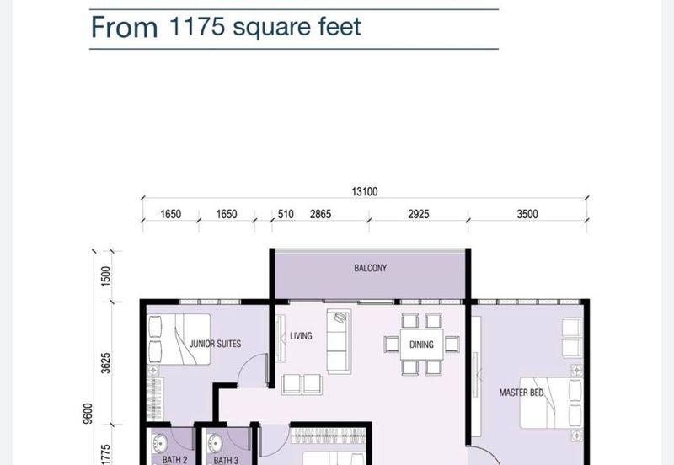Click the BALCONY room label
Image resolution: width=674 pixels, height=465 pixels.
pyautogui.click(x=370, y=268)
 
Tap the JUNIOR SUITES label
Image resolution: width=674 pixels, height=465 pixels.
pyautogui.click(x=215, y=344)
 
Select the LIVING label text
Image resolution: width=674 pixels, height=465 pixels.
pyautogui.click(x=301, y=335)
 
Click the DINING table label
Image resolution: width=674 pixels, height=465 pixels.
pyautogui.click(x=421, y=345)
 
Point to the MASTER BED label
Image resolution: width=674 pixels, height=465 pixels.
pyautogui.click(x=522, y=393)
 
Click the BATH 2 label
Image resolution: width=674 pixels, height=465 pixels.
pyautogui.click(x=174, y=460)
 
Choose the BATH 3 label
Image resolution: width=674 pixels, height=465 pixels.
pyautogui.click(x=226, y=460)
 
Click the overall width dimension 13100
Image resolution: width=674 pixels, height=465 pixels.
pyautogui.click(x=365, y=192)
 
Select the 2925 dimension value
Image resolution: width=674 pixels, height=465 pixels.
pyautogui.click(x=418, y=214)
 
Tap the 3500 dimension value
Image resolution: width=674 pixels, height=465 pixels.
pyautogui.click(x=527, y=214)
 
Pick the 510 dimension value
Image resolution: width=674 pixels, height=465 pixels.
pyautogui.click(x=286, y=214)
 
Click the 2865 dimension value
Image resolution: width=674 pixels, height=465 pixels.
pyautogui.click(x=320, y=214)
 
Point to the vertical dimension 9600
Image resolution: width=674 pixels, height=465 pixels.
pyautogui.click(x=88, y=414)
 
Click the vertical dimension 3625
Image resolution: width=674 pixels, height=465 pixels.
pyautogui.click(x=106, y=363)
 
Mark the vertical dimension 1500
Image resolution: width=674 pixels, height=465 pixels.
pyautogui.click(x=106, y=276)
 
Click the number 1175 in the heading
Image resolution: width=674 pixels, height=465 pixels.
pyautogui.click(x=197, y=26)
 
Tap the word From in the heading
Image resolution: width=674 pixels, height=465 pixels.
pyautogui.click(x=124, y=27)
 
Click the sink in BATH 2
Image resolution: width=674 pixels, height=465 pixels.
pyautogui.click(x=160, y=443)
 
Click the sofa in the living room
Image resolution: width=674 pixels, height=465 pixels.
pyautogui.click(x=339, y=341)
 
